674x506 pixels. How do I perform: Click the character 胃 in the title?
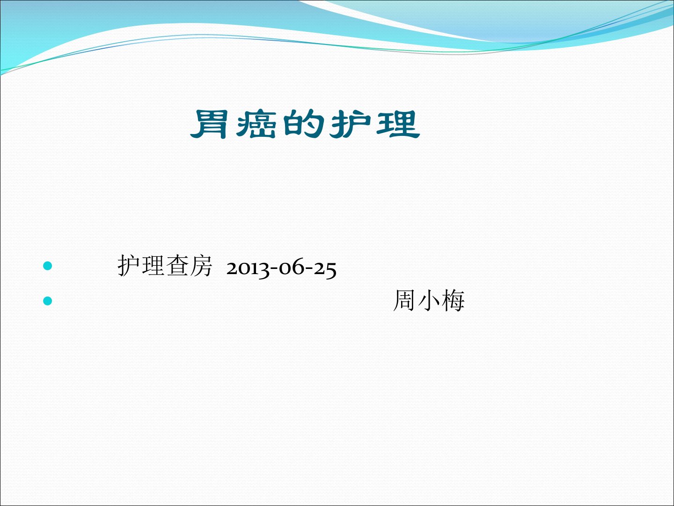pos(209,124)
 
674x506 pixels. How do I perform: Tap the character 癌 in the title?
pos(256,124)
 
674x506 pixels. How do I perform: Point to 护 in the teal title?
pos(351,124)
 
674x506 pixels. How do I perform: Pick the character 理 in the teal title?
pos(398,124)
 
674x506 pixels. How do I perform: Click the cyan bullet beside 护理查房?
pos(48,266)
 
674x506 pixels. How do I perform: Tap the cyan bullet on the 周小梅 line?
pos(48,301)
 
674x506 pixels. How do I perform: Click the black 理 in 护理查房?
pos(153,266)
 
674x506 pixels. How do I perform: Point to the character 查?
pos(176,266)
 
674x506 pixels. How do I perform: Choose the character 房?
pos(200,266)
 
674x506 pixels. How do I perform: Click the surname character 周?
pos(405,300)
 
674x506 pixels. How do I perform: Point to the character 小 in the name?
pos(429,300)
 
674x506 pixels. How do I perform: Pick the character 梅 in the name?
pos(453,300)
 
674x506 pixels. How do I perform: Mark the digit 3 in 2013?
pos(264,270)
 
